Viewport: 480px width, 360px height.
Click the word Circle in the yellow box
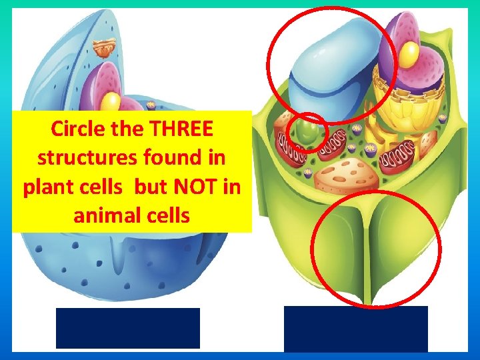click(73, 128)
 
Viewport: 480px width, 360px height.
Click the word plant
click(49, 188)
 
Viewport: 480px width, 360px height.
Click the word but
click(152, 188)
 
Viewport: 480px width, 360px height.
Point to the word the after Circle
click(121, 128)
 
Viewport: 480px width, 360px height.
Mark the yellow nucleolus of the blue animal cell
click(111, 101)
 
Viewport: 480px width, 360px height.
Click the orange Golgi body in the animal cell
click(105, 47)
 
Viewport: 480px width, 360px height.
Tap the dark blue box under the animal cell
click(127, 327)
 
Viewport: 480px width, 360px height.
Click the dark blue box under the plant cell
click(355, 328)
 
